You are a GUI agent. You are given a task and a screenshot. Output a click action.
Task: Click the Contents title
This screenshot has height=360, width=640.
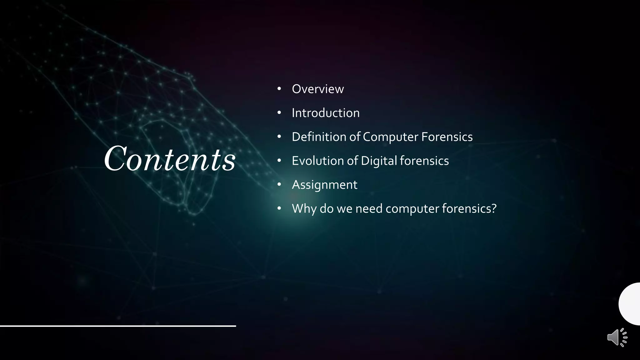[170, 159]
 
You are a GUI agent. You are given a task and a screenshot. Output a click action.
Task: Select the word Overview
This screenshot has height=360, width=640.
[317, 89]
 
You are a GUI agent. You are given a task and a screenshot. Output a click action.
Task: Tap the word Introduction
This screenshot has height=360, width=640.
[326, 113]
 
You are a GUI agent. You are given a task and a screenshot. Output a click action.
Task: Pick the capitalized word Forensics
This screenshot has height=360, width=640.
[447, 137]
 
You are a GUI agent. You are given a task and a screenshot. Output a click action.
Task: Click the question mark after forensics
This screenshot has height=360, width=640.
[494, 208]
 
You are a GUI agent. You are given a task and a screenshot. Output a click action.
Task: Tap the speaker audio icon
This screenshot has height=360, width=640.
[617, 337]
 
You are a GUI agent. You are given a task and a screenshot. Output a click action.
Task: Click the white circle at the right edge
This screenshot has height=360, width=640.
[630, 304]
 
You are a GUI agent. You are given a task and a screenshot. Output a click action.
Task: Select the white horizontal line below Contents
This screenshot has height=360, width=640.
[118, 326]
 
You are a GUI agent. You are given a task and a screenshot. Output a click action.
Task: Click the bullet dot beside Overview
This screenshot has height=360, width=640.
[279, 89]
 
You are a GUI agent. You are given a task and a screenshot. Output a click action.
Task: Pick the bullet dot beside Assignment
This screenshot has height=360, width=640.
[279, 185]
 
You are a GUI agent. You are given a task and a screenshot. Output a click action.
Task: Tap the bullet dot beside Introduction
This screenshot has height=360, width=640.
[279, 113]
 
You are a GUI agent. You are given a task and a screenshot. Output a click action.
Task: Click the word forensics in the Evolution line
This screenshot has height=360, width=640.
[424, 161]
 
